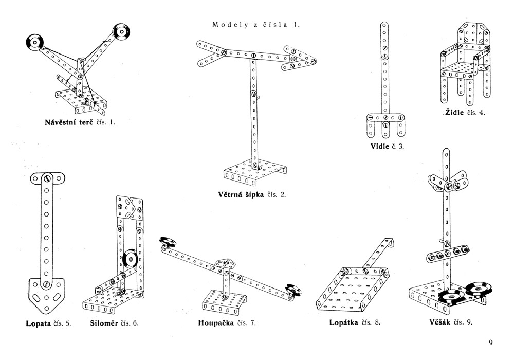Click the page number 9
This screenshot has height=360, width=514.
click(x=490, y=343)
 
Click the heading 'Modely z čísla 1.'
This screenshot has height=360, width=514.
click(x=255, y=24)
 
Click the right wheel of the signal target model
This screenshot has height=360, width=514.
click(x=121, y=32)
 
